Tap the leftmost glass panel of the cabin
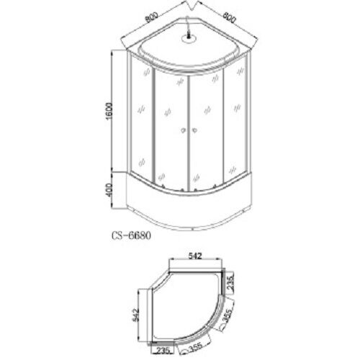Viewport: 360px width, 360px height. pyautogui.click(x=142, y=122)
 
